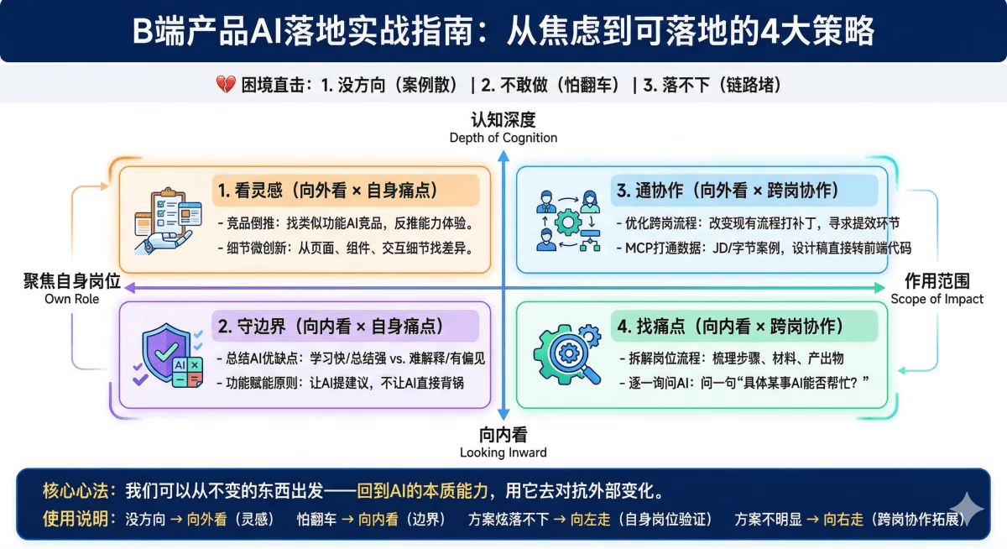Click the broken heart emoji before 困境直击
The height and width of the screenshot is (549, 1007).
point(225,85)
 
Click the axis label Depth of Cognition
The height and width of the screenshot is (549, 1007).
point(503,138)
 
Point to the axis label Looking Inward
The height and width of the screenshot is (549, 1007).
point(503,452)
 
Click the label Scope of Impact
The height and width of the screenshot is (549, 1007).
point(937,299)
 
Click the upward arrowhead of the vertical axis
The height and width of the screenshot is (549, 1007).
point(503,156)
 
